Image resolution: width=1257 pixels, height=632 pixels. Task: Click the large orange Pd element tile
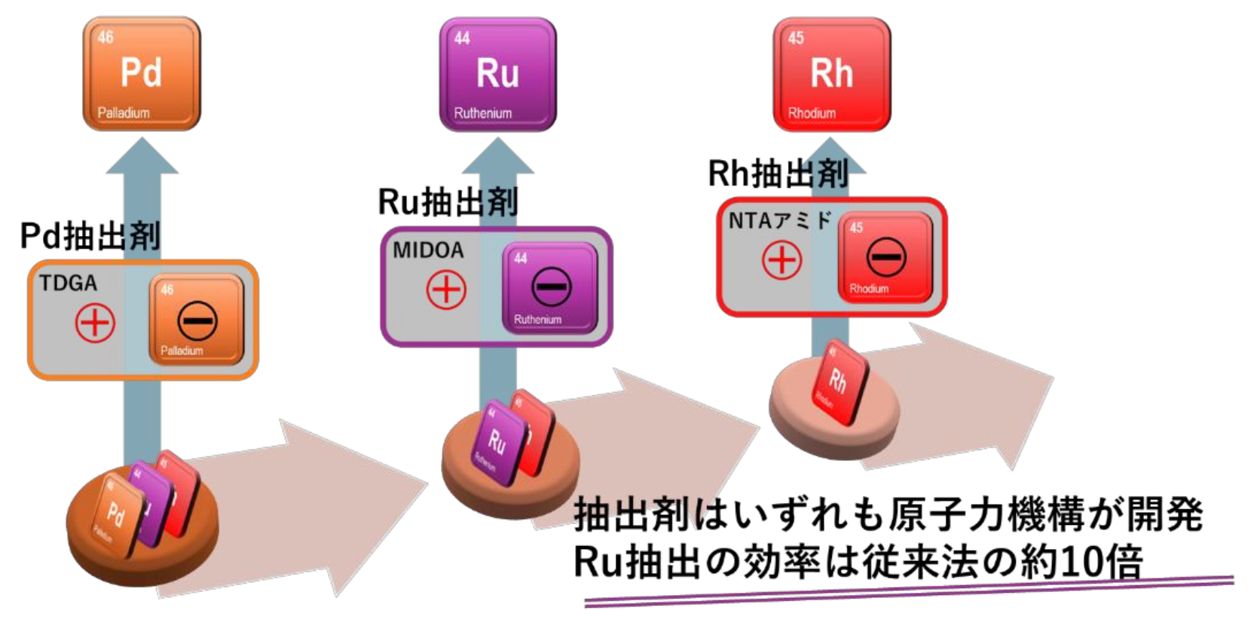(x=142, y=74)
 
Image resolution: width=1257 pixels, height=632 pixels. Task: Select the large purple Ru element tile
(x=497, y=74)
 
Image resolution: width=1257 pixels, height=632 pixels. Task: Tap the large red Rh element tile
(x=831, y=74)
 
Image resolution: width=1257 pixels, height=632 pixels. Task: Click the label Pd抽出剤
(x=90, y=236)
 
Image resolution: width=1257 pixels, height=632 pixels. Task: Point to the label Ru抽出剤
(x=448, y=201)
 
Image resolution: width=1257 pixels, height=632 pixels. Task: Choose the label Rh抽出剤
(x=778, y=173)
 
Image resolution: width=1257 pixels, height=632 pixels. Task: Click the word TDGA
(x=68, y=284)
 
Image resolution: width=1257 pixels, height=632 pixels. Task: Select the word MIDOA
(x=428, y=250)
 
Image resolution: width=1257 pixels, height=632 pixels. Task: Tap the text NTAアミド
(x=779, y=221)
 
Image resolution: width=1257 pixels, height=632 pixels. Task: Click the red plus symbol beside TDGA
(x=95, y=323)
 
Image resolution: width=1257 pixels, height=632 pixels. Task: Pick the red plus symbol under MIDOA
(x=446, y=290)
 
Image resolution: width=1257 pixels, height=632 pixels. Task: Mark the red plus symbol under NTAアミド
(x=781, y=261)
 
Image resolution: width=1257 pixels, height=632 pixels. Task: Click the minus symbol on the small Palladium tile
(x=197, y=321)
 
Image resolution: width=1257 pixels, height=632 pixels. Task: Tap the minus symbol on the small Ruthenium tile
(x=551, y=287)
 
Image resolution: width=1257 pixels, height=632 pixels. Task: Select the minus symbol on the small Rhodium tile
(x=885, y=256)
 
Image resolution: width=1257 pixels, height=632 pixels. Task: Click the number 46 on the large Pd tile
(x=106, y=37)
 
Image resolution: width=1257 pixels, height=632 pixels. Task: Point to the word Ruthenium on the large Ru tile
(x=482, y=113)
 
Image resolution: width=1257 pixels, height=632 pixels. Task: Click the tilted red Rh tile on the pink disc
(x=838, y=383)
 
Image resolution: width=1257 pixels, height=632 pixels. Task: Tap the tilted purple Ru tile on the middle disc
(x=497, y=441)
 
